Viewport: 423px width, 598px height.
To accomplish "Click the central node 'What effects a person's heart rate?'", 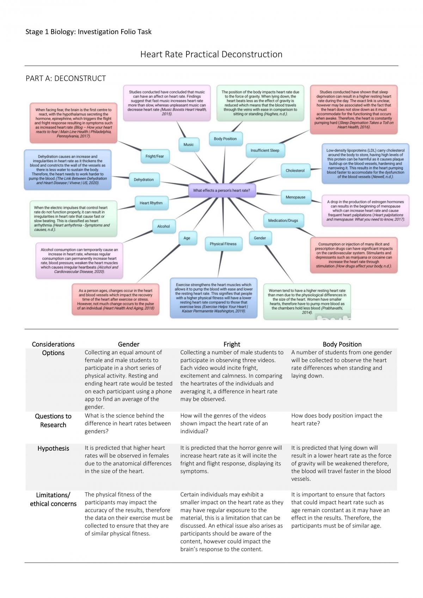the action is [222, 190].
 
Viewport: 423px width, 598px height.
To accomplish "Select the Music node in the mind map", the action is [189, 144].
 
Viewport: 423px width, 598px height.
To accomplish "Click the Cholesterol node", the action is [295, 170].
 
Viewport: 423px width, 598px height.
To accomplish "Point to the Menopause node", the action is [295, 197].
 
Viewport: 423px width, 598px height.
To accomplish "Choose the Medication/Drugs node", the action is [283, 220].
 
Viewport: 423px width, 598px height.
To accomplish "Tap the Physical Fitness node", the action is [223, 244].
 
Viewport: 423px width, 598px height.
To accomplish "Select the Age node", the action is [187, 238].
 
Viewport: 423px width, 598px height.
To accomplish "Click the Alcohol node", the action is [164, 226].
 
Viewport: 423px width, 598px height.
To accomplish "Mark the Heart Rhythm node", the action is [151, 203].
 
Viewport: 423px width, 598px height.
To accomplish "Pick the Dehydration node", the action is [144, 179].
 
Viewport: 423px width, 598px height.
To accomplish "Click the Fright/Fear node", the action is [155, 156].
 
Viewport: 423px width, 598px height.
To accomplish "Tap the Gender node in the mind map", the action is [260, 238].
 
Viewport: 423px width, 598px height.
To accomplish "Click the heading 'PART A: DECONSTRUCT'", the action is [66, 78].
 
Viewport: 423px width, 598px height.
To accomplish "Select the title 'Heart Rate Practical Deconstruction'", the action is [211, 54].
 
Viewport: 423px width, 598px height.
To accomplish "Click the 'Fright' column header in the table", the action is [232, 344].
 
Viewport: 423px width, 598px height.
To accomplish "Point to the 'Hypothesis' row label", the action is [53, 449].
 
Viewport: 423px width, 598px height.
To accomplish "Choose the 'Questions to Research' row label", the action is [53, 421].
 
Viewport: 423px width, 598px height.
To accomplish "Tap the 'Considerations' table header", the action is [53, 344].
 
